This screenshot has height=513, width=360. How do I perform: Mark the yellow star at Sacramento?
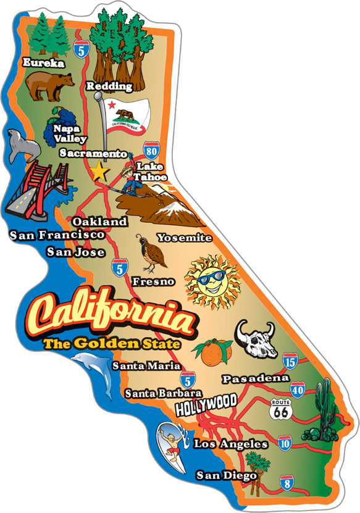point(98,171)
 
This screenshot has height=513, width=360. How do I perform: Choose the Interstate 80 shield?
point(150,150)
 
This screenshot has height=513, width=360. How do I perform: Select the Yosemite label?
point(184,238)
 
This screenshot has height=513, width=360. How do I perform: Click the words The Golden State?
point(111,343)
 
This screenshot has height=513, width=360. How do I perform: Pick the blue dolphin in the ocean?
point(96,373)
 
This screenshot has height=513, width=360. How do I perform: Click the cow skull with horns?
point(254,338)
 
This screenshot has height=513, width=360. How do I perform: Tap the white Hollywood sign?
point(206,404)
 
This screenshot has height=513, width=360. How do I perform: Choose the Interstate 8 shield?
point(287,482)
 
